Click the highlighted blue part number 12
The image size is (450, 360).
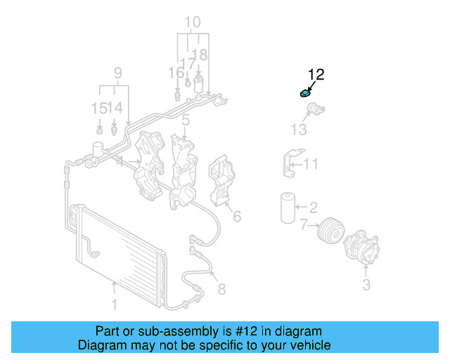point(304,94)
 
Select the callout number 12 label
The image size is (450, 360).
point(316,74)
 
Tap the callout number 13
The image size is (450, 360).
point(299,129)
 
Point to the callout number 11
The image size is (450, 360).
point(311,165)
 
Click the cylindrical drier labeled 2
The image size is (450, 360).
point(286,207)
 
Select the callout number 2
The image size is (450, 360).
point(313,207)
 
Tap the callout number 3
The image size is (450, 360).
point(366,285)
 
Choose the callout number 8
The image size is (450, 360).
point(221,288)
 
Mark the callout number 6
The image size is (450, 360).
point(237,216)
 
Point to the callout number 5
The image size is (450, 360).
point(185,121)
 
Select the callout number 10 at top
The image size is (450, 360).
point(192,22)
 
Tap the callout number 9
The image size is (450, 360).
point(117,72)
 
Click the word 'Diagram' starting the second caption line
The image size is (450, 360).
point(100,345)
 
